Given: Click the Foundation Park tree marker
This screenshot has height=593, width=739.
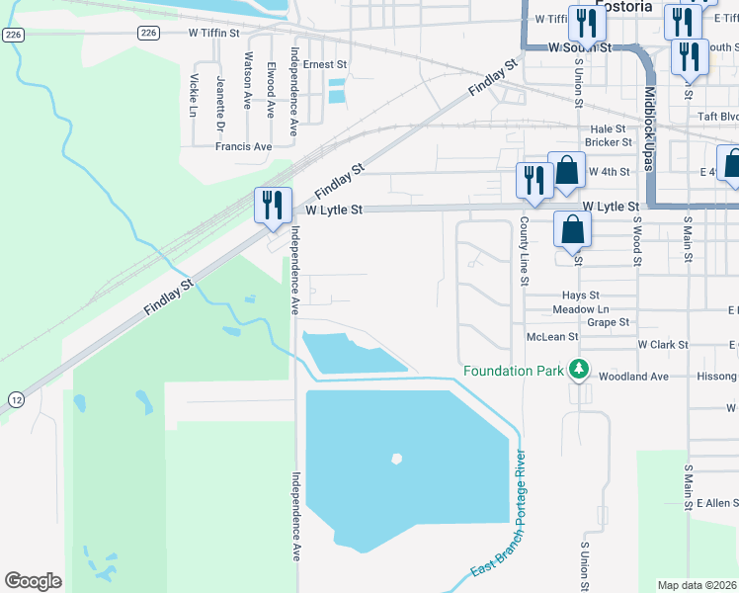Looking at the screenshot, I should [579, 371].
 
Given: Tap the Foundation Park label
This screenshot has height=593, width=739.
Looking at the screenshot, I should [514, 372].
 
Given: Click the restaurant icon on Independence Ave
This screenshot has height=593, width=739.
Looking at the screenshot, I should [272, 206].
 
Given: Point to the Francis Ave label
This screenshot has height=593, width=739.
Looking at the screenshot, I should [243, 146].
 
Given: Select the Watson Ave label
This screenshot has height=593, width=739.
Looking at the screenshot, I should [248, 85].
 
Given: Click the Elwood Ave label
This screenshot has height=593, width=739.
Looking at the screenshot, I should [271, 90].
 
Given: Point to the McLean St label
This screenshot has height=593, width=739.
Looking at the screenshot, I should [551, 337].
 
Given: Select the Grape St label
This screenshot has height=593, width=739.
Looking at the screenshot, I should [608, 322].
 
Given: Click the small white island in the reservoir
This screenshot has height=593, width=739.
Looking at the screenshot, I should [396, 459].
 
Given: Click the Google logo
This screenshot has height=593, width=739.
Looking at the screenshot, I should [33, 581].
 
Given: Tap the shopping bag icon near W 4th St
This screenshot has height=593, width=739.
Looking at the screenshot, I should [566, 170].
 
